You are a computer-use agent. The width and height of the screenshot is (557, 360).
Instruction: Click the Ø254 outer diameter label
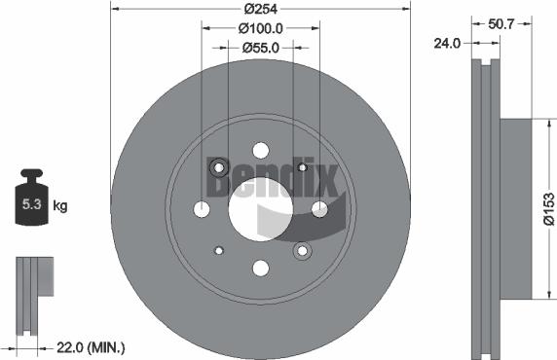click(260, 8)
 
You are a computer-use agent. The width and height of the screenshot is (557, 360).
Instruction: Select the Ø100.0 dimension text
click(261, 29)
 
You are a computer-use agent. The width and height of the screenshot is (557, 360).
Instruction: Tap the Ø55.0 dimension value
click(261, 48)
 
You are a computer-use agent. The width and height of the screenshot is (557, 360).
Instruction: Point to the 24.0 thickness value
click(447, 43)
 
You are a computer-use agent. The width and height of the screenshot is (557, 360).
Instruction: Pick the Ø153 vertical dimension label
click(549, 207)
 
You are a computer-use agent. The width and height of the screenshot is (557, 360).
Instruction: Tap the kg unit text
click(60, 205)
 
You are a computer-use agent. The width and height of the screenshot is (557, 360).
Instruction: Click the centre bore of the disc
click(260, 208)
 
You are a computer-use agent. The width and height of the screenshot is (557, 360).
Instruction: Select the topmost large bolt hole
click(260, 150)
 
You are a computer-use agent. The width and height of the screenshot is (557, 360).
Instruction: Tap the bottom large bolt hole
click(260, 268)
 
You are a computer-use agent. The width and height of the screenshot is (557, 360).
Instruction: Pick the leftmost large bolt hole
click(202, 208)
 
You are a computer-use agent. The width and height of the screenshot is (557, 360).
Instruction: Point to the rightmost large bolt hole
click(319, 208)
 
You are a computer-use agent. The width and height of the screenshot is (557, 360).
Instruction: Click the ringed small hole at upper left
click(219, 166)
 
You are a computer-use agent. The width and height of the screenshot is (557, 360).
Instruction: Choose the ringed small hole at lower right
click(302, 250)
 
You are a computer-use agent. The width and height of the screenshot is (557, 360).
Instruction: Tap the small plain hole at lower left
click(219, 250)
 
